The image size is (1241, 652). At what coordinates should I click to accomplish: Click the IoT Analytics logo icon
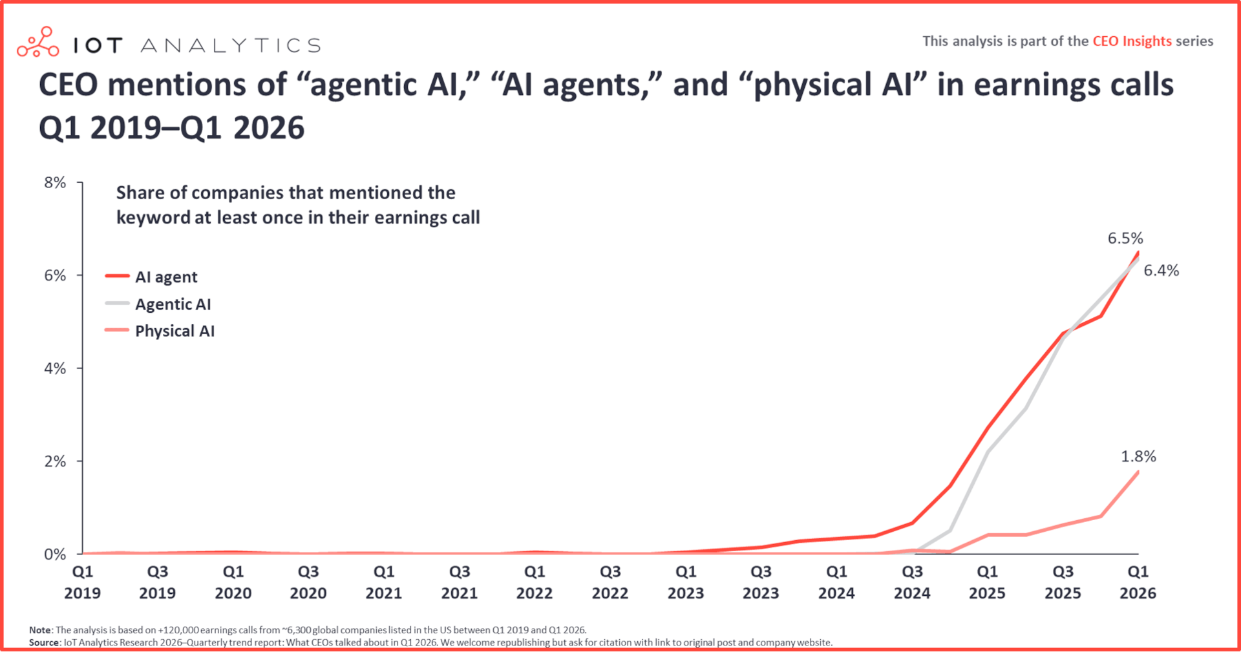tap(37, 42)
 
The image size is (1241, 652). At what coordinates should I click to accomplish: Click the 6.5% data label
tap(1125, 238)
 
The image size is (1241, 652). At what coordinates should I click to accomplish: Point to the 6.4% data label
tap(1161, 271)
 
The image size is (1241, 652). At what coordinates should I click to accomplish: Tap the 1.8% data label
tap(1138, 457)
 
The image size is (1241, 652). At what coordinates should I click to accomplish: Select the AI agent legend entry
tap(165, 277)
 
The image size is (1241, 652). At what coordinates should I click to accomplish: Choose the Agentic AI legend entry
tap(173, 304)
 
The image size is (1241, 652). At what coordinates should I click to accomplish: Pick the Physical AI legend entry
tap(175, 331)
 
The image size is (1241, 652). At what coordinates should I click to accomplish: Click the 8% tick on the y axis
tap(55, 183)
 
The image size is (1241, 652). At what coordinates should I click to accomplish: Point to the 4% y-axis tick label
tap(55, 369)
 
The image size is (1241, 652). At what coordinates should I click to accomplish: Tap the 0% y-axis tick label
tap(55, 554)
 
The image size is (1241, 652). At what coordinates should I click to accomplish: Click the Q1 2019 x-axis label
tap(82, 582)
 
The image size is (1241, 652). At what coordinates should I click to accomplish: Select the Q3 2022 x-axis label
tap(610, 582)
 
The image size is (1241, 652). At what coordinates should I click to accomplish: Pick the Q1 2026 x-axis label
tap(1138, 582)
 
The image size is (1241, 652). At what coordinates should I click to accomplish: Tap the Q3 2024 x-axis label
tap(912, 582)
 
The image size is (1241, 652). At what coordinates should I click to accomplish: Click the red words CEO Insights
tap(1132, 41)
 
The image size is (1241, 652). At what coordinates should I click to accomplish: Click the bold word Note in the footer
tap(40, 630)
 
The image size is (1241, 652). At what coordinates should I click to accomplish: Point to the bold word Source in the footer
tap(44, 643)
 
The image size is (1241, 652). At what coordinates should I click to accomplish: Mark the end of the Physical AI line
tap(1138, 472)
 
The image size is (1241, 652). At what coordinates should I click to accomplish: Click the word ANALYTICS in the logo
tap(231, 45)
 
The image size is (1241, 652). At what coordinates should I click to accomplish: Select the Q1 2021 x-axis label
tap(384, 582)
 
